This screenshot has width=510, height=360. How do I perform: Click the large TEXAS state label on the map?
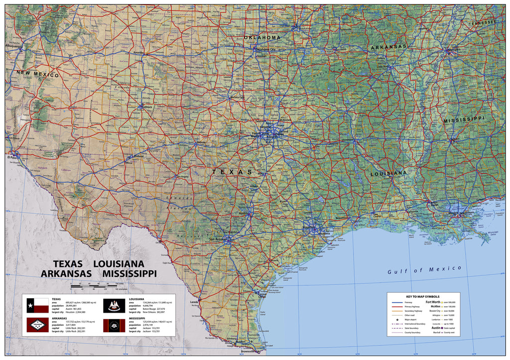233,172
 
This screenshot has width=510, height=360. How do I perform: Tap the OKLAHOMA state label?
262,38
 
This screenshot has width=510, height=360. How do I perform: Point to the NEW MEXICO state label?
37,74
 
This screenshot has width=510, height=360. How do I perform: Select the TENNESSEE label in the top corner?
482,23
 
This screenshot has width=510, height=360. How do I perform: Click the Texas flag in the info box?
37,304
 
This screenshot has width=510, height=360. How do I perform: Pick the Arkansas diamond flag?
37,326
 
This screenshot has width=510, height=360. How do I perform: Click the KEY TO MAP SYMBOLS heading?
424,296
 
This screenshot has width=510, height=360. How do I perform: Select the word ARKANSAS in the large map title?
66,273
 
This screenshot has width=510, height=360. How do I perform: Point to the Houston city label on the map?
309,228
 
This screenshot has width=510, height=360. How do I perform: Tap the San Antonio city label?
219,239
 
